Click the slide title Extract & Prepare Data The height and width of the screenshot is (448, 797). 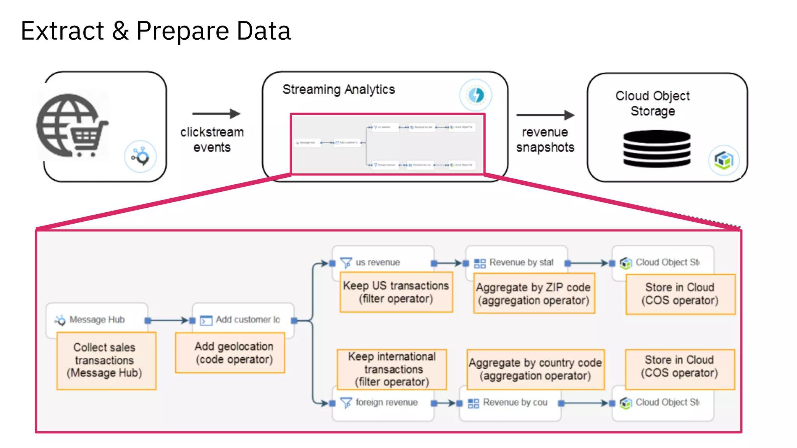[x=156, y=31]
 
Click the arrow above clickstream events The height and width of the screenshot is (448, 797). [x=216, y=114]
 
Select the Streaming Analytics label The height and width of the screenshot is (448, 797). [x=339, y=89]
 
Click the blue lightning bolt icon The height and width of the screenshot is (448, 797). [x=476, y=95]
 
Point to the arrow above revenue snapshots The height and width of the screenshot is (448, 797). [x=545, y=115]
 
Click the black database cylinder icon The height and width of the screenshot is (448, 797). [x=657, y=149]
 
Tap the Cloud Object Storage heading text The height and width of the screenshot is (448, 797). [x=653, y=103]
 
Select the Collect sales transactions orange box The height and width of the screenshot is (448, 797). [x=106, y=360]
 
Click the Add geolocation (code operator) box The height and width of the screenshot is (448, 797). [x=230, y=353]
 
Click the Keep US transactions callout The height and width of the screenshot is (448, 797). [x=396, y=292]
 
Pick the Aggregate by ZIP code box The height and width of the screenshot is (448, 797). [x=534, y=293]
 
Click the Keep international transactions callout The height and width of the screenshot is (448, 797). [x=391, y=369]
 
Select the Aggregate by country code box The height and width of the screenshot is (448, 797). [x=535, y=369]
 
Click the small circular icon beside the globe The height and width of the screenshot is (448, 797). [x=140, y=156]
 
